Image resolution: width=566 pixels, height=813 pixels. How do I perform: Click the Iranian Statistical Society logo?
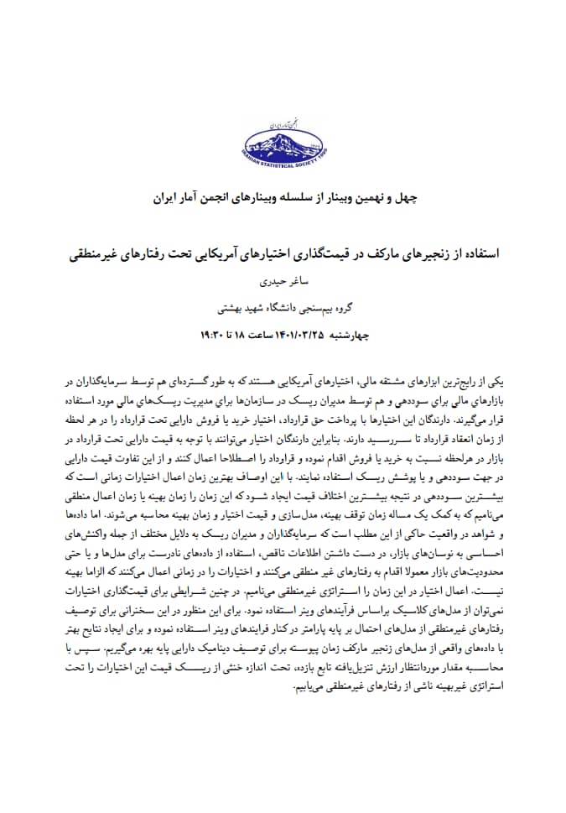click(x=283, y=148)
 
